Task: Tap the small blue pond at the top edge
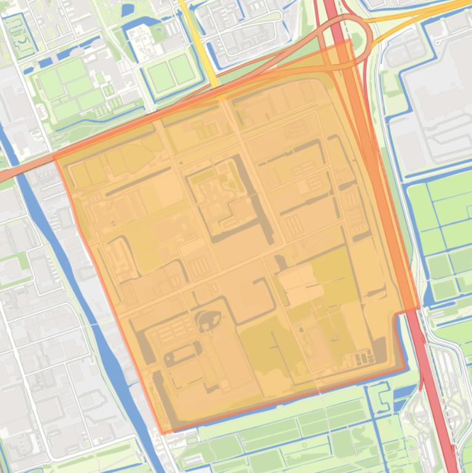coord(128,10)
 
